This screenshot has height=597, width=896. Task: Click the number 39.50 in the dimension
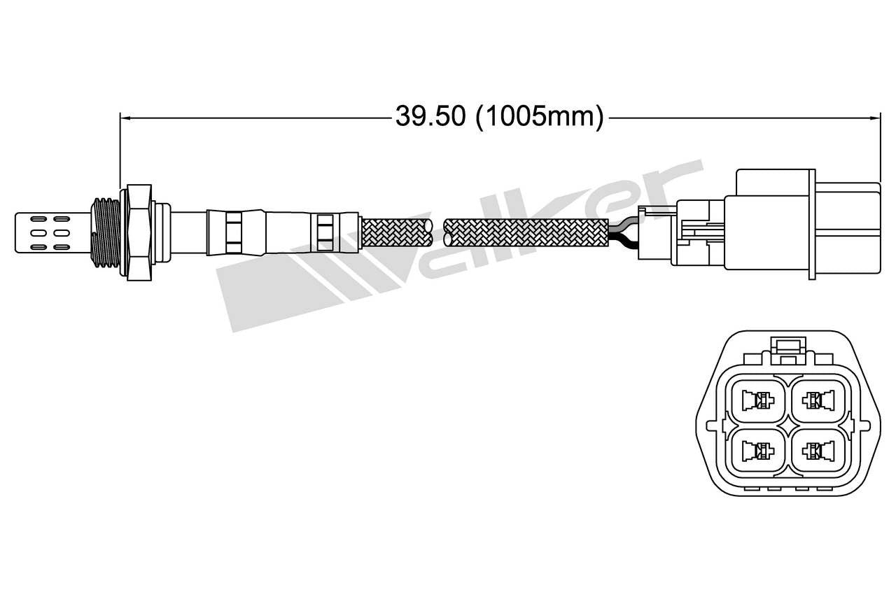click(430, 116)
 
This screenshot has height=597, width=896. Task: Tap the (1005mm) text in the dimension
click(539, 116)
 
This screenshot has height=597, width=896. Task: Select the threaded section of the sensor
click(106, 231)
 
